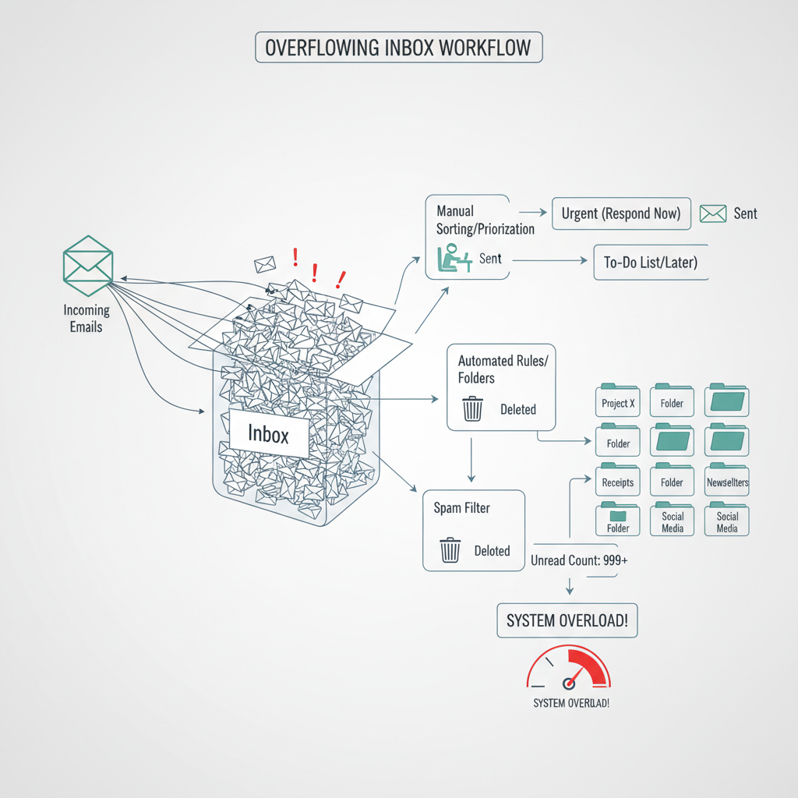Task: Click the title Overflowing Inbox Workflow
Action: (x=398, y=47)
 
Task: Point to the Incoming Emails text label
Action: (x=86, y=318)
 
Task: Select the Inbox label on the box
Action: (x=268, y=433)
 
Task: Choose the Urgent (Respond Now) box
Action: (x=621, y=214)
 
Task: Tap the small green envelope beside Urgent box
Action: (x=712, y=214)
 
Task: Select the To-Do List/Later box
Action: (x=651, y=263)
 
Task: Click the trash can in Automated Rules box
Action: (x=472, y=408)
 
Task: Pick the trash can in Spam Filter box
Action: (x=450, y=550)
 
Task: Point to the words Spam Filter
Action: (x=461, y=508)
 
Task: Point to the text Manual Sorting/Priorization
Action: (x=485, y=220)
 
